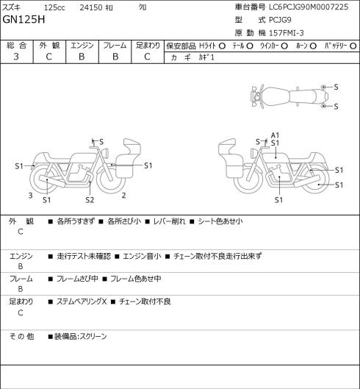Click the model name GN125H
(x=24, y=20)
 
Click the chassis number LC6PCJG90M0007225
(x=309, y=7)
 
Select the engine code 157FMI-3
(x=286, y=33)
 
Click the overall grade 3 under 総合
(x=16, y=57)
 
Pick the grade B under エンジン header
(x=82, y=57)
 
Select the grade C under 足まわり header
(x=147, y=57)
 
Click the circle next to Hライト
(x=222, y=46)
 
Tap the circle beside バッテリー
(x=353, y=46)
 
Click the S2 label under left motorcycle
(x=90, y=200)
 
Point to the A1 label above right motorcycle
(x=275, y=135)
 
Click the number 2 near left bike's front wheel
(x=123, y=196)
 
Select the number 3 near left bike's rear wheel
(x=30, y=196)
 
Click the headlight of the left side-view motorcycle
(x=107, y=152)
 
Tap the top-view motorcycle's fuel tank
(x=276, y=96)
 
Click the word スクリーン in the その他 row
(x=93, y=337)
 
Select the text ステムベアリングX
(x=82, y=301)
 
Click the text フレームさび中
(x=77, y=279)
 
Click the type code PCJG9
(x=280, y=20)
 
